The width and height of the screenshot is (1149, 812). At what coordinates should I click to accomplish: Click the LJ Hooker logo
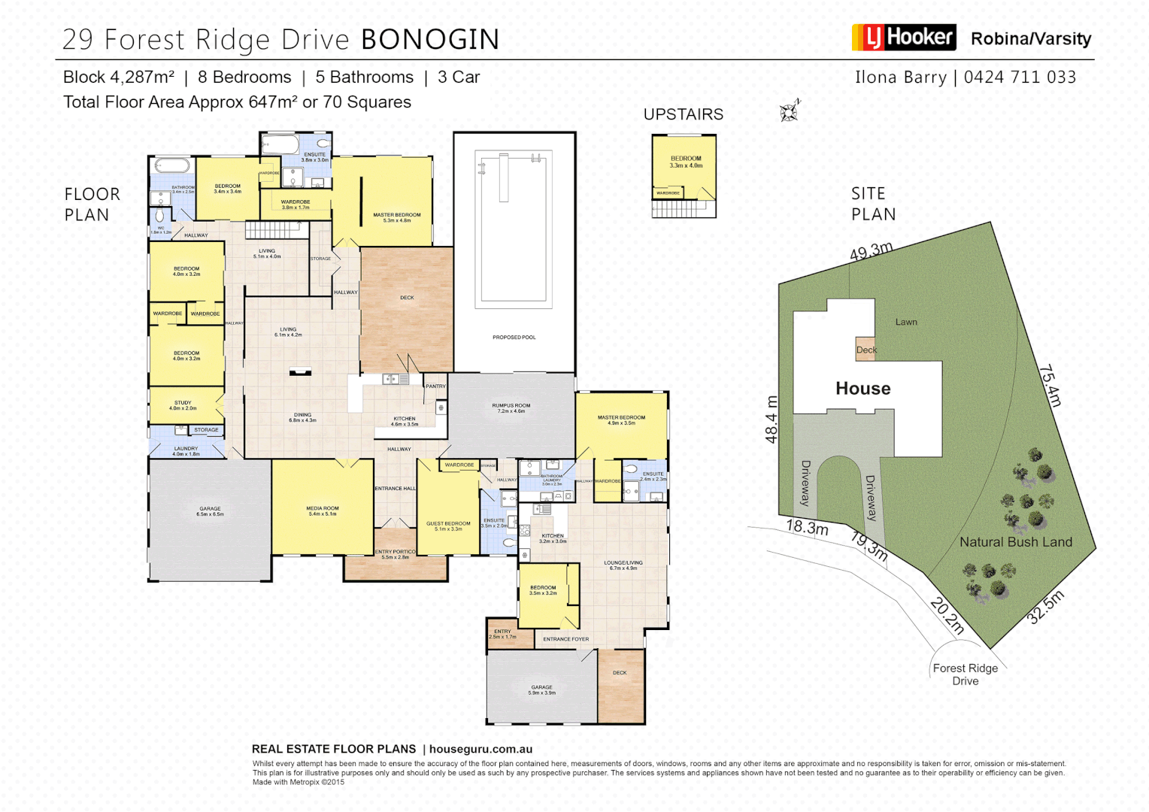pyautogui.click(x=903, y=37)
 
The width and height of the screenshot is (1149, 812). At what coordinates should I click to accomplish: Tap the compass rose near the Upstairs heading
pyautogui.click(x=789, y=112)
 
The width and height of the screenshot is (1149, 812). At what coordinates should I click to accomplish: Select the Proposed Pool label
pyautogui.click(x=514, y=337)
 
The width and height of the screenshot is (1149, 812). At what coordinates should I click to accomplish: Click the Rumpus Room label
pyautogui.click(x=511, y=408)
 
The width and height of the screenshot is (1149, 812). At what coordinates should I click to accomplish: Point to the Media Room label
pyautogui.click(x=323, y=511)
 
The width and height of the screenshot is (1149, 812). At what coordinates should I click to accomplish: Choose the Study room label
pyautogui.click(x=183, y=405)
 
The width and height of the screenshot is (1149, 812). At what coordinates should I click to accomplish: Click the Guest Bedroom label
pyautogui.click(x=448, y=526)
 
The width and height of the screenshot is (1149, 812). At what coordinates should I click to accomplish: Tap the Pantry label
pyautogui.click(x=435, y=386)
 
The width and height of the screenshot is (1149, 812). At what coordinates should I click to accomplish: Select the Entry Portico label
pyautogui.click(x=396, y=554)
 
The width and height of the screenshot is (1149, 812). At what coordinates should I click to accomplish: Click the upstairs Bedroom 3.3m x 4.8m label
pyautogui.click(x=686, y=162)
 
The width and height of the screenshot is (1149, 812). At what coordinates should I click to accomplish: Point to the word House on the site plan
pyautogui.click(x=863, y=389)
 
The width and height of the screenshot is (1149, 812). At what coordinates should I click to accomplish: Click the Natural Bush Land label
pyautogui.click(x=1015, y=542)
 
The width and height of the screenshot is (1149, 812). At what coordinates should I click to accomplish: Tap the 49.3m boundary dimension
pyautogui.click(x=872, y=251)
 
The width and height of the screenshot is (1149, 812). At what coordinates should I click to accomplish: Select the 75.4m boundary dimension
pyautogui.click(x=1049, y=385)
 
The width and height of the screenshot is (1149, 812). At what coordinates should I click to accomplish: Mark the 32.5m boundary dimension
pyautogui.click(x=1046, y=607)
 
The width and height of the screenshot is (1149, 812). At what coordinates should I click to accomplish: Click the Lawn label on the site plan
pyautogui.click(x=906, y=322)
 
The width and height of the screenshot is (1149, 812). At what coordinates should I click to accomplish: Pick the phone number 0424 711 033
pyautogui.click(x=1020, y=77)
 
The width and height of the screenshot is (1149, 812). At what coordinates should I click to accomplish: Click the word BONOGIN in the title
pyautogui.click(x=430, y=40)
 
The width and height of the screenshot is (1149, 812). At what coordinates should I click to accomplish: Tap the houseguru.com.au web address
pyautogui.click(x=481, y=749)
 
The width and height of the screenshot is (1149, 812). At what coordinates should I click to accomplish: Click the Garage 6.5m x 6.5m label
pyautogui.click(x=211, y=511)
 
